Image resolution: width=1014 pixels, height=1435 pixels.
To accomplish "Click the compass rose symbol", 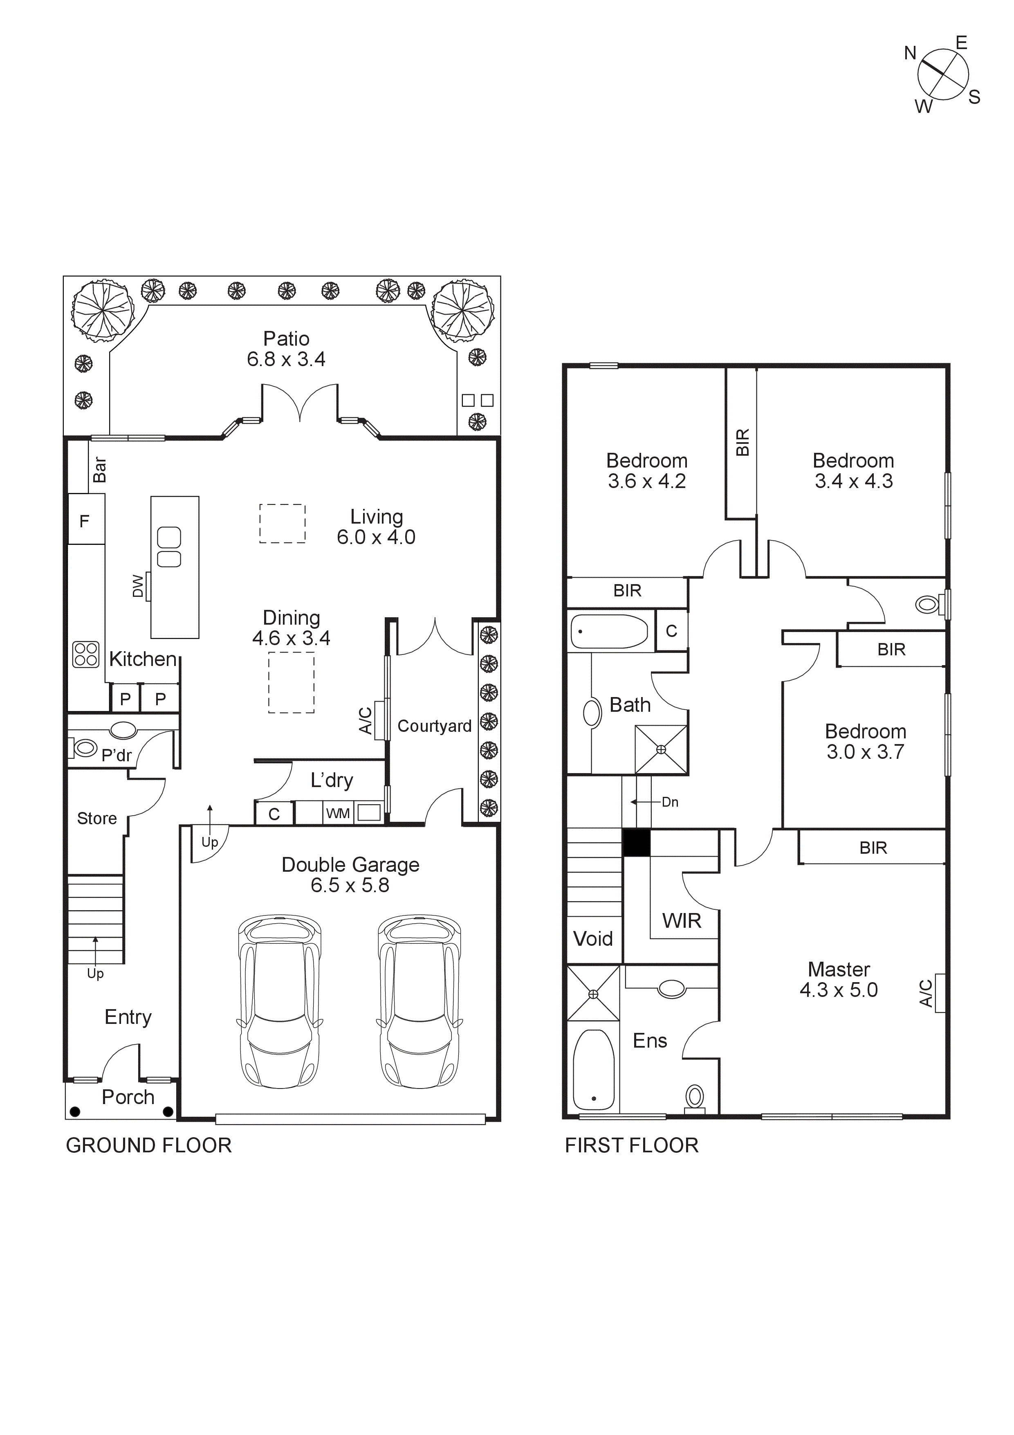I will click(x=942, y=75).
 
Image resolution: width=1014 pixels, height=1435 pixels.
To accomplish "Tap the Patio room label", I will click(x=286, y=339).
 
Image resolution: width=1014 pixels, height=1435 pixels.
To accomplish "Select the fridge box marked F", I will click(x=85, y=520).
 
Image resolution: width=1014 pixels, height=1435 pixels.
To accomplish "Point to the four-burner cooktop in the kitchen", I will click(x=85, y=655).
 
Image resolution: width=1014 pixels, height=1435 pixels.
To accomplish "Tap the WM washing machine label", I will click(x=338, y=813).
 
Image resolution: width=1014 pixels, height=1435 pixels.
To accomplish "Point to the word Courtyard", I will click(x=434, y=726).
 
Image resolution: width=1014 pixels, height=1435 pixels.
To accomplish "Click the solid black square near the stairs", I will click(x=637, y=843).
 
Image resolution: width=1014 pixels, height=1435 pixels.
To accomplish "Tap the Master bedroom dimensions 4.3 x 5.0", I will click(x=839, y=990).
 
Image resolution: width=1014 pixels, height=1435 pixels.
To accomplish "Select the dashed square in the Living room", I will click(x=283, y=523).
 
